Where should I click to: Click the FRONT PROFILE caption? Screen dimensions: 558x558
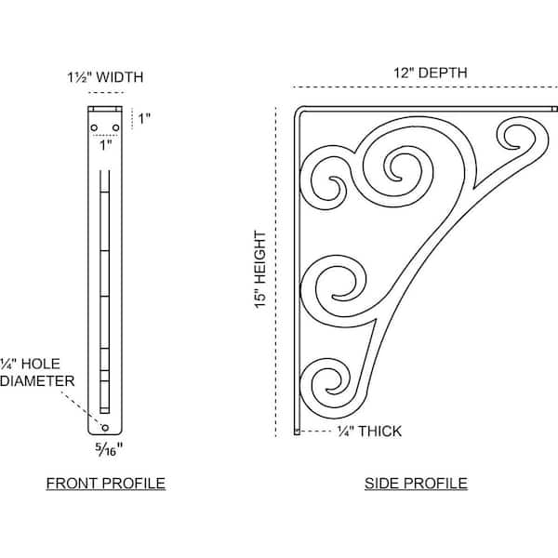pyautogui.click(x=106, y=484)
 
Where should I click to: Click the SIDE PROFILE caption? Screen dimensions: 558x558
pyautogui.click(x=416, y=484)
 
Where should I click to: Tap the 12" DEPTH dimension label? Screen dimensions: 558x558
pyautogui.click(x=431, y=73)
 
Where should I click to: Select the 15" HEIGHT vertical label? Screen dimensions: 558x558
pyautogui.click(x=260, y=270)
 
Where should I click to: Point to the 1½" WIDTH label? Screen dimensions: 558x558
pyautogui.click(x=105, y=77)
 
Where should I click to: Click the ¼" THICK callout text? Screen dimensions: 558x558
pyautogui.click(x=369, y=432)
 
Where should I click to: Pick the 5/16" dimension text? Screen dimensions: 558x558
pyautogui.click(x=109, y=450)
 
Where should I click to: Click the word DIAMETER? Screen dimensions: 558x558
pyautogui.click(x=37, y=381)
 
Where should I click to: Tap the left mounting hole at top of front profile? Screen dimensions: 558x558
pyautogui.click(x=94, y=127)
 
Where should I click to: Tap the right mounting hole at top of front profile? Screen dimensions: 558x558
pyautogui.click(x=115, y=127)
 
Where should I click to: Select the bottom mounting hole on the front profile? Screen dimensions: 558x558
pyautogui.click(x=105, y=428)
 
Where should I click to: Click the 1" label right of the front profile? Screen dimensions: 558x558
pyautogui.click(x=144, y=119)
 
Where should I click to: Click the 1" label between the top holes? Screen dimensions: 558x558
pyautogui.click(x=106, y=145)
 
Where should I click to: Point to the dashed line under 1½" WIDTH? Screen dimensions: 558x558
pyautogui.click(x=106, y=93)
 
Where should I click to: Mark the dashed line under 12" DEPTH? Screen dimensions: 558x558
pyautogui.click(x=425, y=87)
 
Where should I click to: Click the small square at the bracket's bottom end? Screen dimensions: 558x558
pyautogui.click(x=297, y=432)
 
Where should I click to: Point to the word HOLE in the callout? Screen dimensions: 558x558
pyautogui.click(x=41, y=364)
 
